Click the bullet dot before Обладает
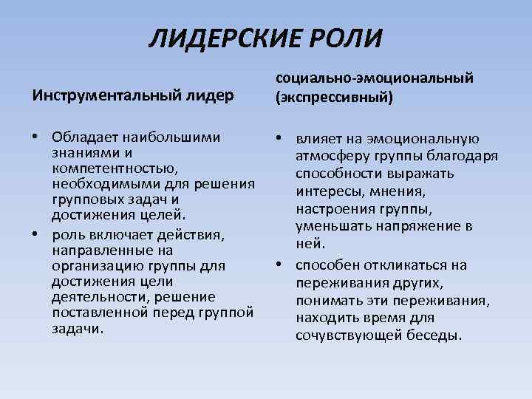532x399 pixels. [35, 137]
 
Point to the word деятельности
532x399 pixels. [93, 296]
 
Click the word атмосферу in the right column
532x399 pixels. [329, 156]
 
